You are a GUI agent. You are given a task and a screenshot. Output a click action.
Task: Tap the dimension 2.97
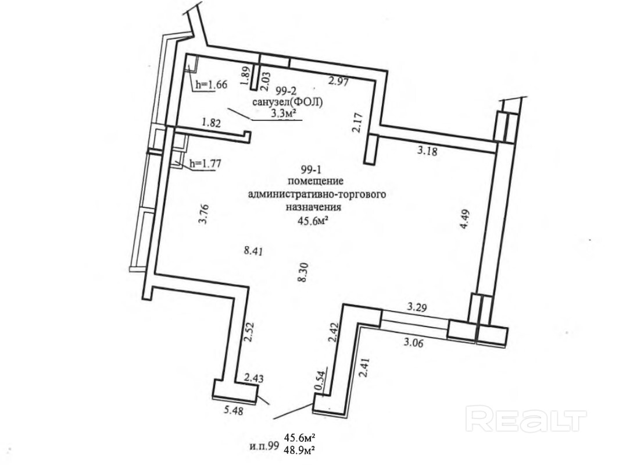pos(338,82)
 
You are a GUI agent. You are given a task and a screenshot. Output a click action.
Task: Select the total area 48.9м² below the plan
pos(300,450)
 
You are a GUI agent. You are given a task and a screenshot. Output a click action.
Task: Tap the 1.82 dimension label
pos(212,123)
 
